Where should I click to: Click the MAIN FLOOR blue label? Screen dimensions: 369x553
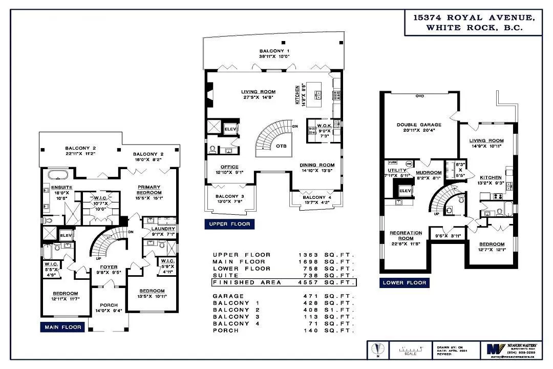tap(61, 327)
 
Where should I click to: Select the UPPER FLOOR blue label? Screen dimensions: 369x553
tap(229, 224)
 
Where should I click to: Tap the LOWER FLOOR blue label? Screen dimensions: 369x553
tap(405, 282)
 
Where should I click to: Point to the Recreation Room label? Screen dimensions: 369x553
tap(405, 236)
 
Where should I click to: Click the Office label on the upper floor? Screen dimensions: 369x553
tap(230, 167)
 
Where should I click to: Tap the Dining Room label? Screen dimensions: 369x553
tap(317, 165)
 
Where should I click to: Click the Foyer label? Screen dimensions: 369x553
tap(109, 267)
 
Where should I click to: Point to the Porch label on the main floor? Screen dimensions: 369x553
tap(109, 305)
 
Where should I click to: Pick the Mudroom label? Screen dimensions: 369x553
tap(429, 173)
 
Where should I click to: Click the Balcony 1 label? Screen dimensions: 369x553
tap(274, 51)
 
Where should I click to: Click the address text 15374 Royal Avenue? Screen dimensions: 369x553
tap(473, 18)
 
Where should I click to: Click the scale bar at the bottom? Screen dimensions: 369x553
tap(410, 351)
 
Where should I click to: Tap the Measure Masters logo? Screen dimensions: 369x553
tap(492, 351)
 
